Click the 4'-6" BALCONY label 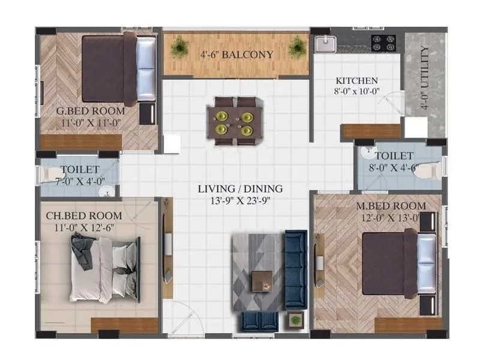pos(236,55)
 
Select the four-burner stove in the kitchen pos(383,43)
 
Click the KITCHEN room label pos(356,81)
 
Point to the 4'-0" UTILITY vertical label pos(425,78)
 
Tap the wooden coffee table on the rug pos(262,280)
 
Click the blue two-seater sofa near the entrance pos(260,322)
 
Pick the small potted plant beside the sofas pos(295,320)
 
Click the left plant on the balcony pos(179,47)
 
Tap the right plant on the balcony pos(297,47)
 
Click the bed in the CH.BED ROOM pos(105,269)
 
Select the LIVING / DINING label pos(240,189)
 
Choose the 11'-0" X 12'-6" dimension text pos(84,227)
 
